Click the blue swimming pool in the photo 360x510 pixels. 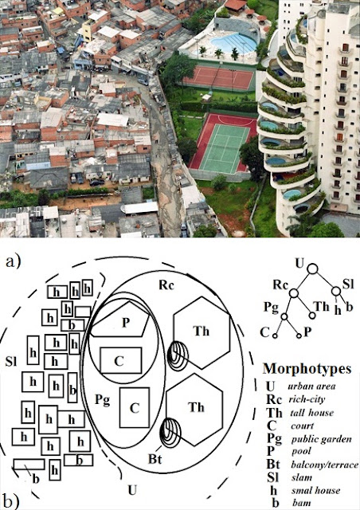[233, 43]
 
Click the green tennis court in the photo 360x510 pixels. [225, 149]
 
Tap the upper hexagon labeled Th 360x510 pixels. [202, 332]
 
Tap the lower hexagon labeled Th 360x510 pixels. [194, 409]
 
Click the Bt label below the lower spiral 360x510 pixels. [155, 459]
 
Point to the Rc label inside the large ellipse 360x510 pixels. [166, 285]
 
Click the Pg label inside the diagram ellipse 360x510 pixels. [103, 400]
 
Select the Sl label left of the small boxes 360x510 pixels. [10, 362]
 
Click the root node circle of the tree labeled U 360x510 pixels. [312, 269]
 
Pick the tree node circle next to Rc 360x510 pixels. [294, 293]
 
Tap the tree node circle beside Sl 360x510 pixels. [336, 291]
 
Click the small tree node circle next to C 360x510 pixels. [275, 335]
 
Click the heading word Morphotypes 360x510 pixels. [307, 369]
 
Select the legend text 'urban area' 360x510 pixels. [311, 386]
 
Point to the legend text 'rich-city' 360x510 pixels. [307, 399]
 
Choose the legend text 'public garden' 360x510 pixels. [321, 439]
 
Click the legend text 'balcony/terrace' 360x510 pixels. [324, 465]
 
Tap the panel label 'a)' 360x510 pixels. [13, 261]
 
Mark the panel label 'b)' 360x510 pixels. [10, 501]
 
